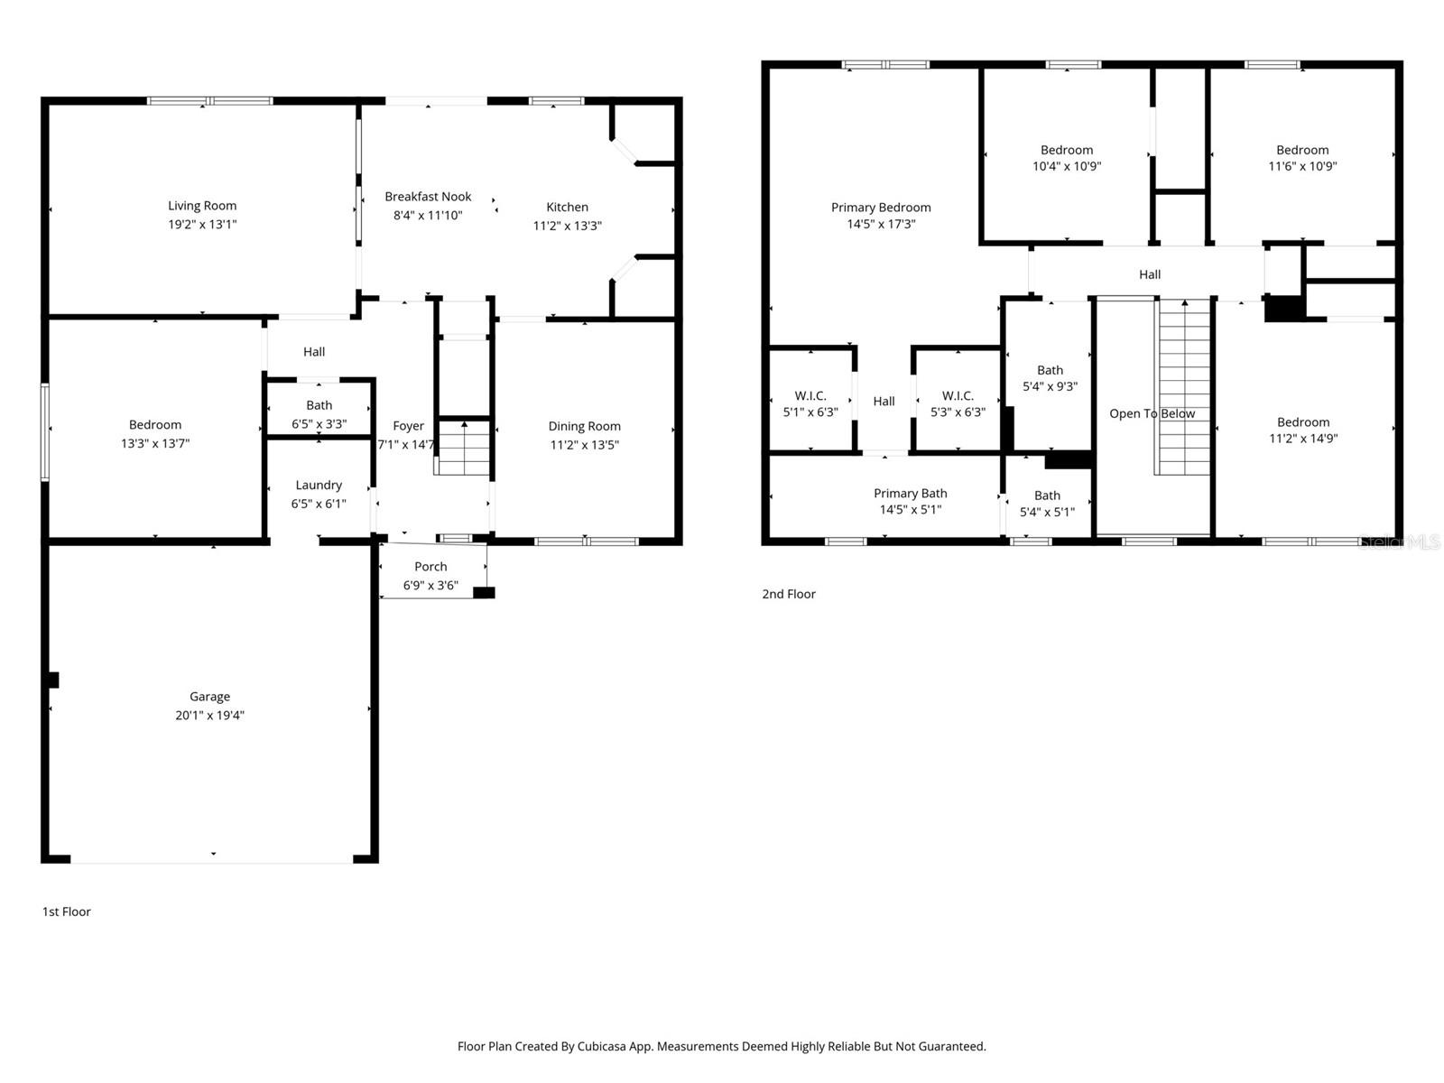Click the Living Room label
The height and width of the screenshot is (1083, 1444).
(202, 206)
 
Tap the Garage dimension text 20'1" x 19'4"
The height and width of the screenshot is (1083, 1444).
(209, 716)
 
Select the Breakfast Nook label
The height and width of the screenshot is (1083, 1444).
(428, 197)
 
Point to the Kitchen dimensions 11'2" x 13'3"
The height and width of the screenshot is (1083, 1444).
(567, 226)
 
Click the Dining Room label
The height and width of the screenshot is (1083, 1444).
(584, 426)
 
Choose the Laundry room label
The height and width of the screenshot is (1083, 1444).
(319, 485)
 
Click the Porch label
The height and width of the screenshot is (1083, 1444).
(430, 567)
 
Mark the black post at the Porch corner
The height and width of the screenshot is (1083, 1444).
(484, 593)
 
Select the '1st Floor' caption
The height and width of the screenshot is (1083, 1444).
(66, 912)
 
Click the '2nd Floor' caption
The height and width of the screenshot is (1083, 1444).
(789, 594)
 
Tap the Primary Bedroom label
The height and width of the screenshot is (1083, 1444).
(881, 208)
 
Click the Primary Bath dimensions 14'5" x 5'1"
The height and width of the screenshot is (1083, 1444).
(910, 510)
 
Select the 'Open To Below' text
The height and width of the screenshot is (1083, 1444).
(1152, 413)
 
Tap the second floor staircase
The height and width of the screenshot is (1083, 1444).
(1183, 388)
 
